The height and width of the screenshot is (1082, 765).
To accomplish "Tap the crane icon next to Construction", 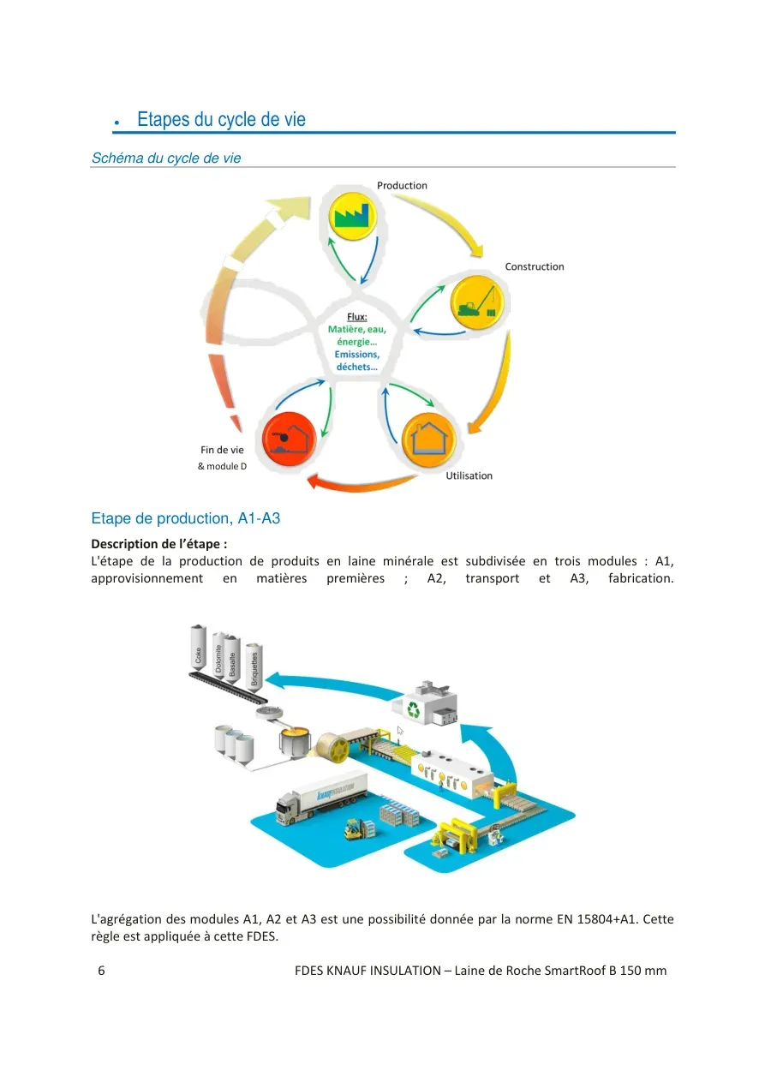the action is click(x=476, y=302).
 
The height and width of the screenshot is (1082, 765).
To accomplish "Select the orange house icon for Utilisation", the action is click(x=429, y=439).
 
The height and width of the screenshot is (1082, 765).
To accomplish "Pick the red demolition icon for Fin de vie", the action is click(x=289, y=439).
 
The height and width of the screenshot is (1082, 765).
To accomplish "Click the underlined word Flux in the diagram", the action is click(x=357, y=317).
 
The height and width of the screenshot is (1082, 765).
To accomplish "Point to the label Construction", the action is click(x=535, y=266).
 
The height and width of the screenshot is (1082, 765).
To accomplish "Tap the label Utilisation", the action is click(x=469, y=475).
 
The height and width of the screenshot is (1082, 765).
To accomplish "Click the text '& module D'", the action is click(x=222, y=466).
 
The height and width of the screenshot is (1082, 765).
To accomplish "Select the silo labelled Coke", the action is click(x=198, y=648).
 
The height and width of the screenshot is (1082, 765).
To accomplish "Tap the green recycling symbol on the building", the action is click(x=414, y=709).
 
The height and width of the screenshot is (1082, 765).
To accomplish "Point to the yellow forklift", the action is click(x=356, y=828).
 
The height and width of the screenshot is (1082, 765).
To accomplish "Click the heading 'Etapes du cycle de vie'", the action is click(x=221, y=119).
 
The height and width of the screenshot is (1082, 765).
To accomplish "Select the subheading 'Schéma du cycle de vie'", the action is click(x=166, y=158).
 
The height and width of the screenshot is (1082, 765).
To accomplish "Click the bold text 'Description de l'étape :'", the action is click(x=158, y=544).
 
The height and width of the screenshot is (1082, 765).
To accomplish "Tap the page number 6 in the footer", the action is click(x=101, y=971).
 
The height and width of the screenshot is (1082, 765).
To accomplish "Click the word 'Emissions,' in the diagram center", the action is click(x=357, y=355).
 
